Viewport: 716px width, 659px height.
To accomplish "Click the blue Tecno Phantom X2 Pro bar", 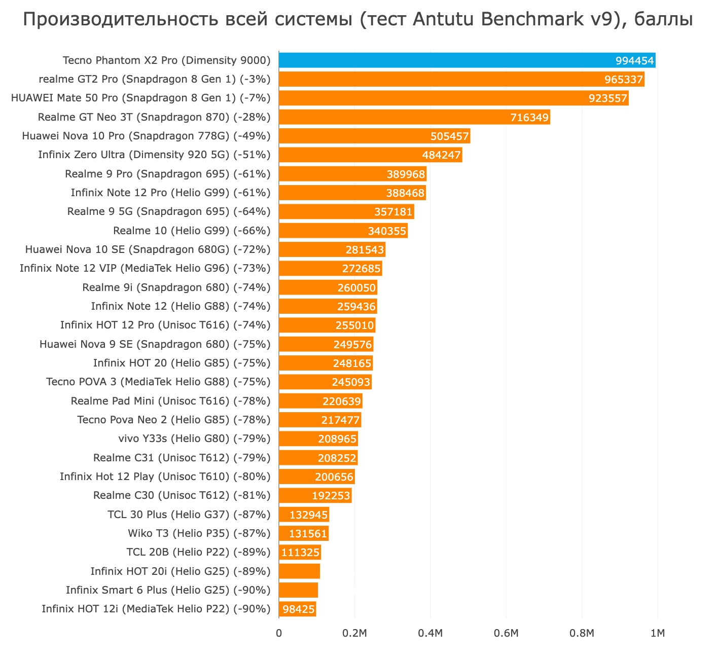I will (467, 60).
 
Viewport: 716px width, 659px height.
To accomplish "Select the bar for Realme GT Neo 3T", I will (414, 117).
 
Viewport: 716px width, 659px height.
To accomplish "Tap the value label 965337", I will (624, 80).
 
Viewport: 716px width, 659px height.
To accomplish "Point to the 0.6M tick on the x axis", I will (506, 633).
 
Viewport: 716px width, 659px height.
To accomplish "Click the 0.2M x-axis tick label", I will (354, 633).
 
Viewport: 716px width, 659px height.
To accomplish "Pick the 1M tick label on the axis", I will (658, 633).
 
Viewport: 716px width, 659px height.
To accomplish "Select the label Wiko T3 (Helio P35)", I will (199, 533).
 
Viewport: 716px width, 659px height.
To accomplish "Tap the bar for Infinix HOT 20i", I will (299, 571).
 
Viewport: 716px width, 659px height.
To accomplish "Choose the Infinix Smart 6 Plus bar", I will (298, 590).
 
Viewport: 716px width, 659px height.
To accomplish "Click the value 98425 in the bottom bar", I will (298, 609).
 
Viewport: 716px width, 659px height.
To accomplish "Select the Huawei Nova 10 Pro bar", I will (374, 136).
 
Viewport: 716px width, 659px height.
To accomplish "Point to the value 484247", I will (441, 155).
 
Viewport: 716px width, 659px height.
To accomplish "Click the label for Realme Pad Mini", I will (171, 401).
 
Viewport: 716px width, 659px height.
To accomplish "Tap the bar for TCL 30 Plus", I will (304, 515).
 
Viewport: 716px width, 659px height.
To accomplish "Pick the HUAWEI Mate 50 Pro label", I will (140, 98).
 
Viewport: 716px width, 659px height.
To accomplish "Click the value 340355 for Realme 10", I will (387, 231).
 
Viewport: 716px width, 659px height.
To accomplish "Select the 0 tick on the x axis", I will (279, 633).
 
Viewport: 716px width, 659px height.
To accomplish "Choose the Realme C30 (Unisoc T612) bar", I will (315, 495).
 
